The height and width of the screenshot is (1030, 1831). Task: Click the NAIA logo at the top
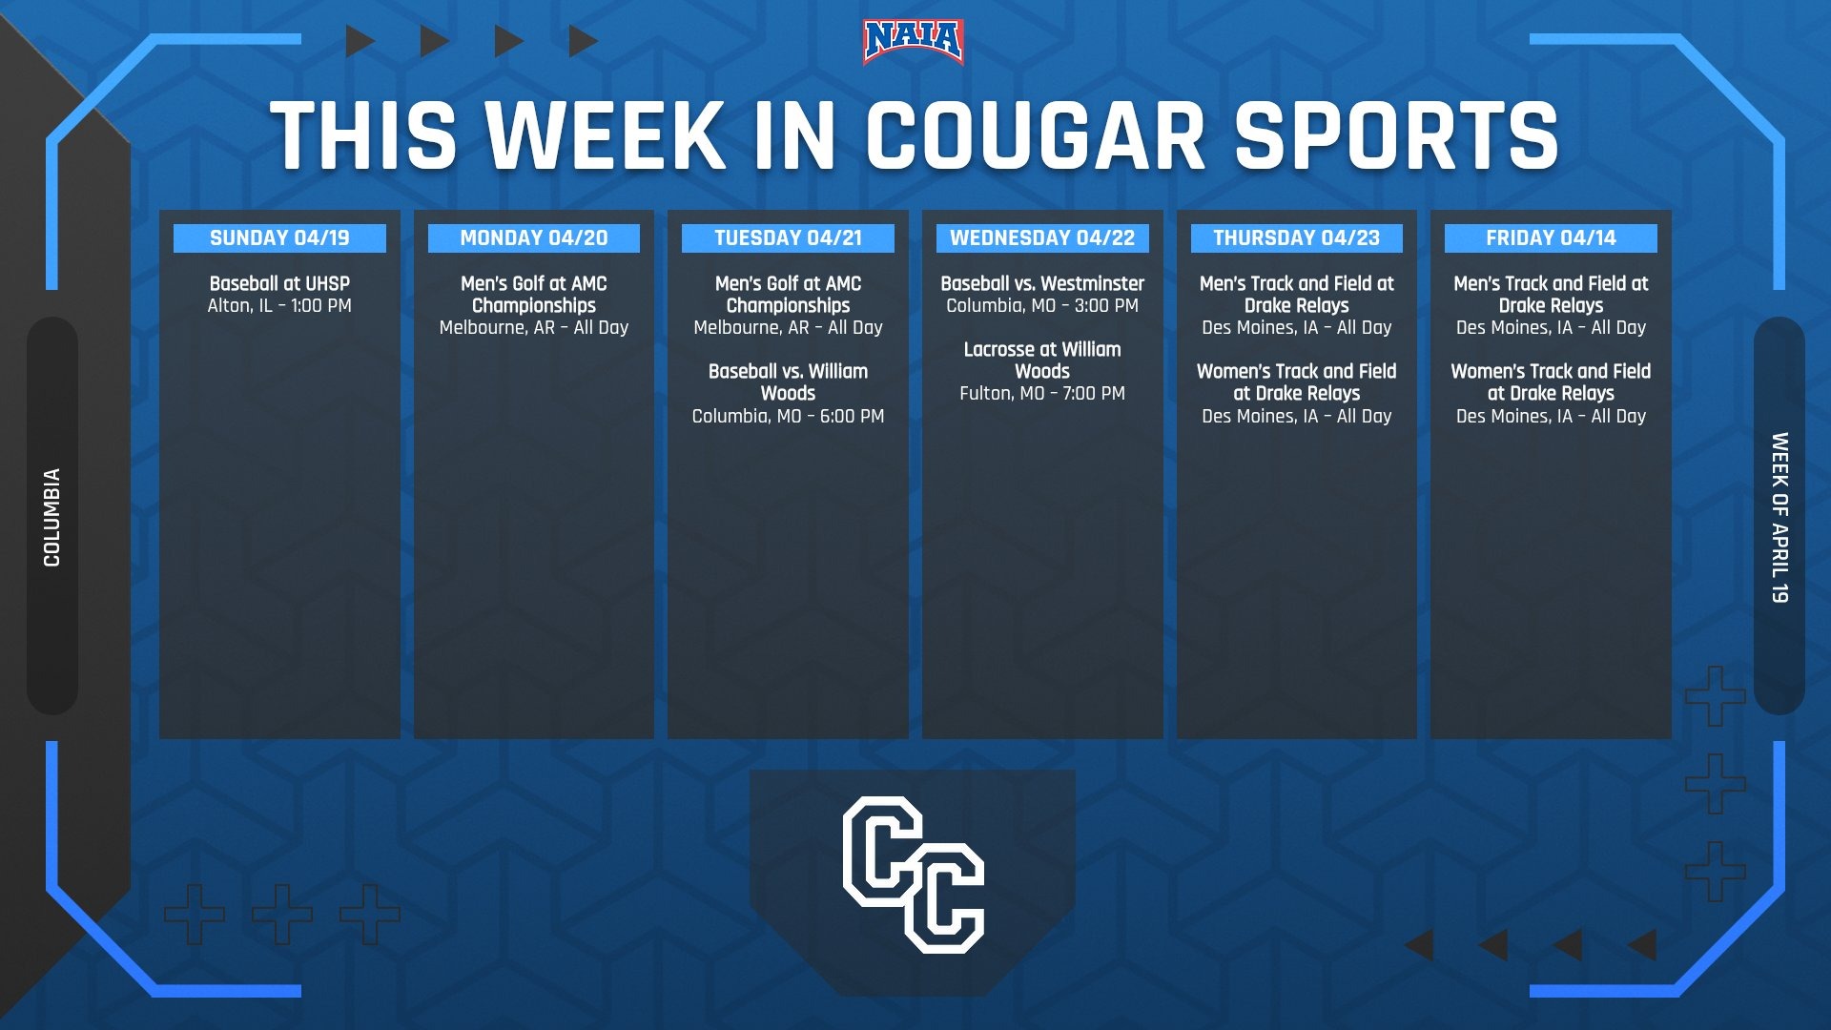pos(913,42)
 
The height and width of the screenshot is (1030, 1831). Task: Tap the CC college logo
pos(913,875)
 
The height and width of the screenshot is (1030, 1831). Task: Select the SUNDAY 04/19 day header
pos(279,238)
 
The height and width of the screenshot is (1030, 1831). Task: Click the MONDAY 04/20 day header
pos(534,238)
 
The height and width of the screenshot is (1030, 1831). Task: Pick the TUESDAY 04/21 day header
pos(788,238)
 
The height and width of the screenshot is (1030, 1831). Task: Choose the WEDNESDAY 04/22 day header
pos(1042,238)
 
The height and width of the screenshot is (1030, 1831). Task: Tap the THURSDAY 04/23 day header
pos(1297,238)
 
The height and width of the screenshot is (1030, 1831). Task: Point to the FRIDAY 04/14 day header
pos(1551,238)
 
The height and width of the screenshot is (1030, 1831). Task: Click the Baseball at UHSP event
pos(279,283)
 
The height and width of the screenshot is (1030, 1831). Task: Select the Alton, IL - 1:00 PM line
pos(279,306)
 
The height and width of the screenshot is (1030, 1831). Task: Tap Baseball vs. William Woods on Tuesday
pos(788,381)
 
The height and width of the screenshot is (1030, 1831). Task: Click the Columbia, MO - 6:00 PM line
pos(788,416)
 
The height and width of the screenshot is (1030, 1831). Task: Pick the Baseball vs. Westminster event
pos(1042,283)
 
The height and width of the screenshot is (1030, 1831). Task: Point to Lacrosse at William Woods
pos(1042,360)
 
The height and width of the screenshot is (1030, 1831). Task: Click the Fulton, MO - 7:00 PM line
pos(1042,393)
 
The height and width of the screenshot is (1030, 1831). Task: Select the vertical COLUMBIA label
pos(51,517)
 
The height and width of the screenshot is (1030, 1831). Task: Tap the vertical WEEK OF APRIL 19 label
pos(1780,517)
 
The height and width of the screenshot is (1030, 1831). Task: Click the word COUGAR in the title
pos(1036,135)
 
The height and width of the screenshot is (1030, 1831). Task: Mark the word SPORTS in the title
pos(1396,135)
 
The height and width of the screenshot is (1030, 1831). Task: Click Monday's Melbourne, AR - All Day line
pos(534,328)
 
